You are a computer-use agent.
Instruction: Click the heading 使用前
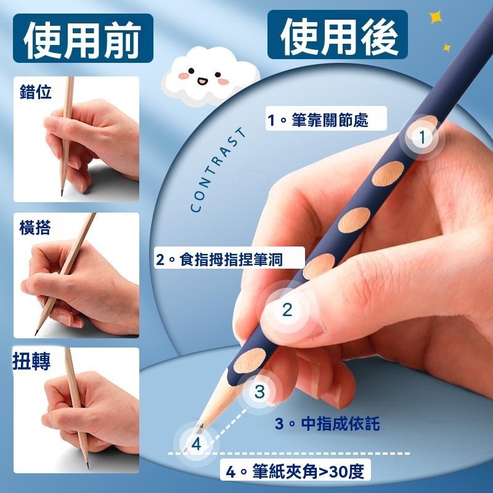point(83,39)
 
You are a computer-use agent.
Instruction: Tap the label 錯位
point(35,91)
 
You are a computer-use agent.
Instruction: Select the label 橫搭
point(35,227)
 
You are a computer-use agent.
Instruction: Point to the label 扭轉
point(31,361)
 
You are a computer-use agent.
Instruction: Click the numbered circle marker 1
point(422,137)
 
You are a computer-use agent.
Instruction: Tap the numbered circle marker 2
point(287,310)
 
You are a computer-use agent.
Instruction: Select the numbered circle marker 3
point(259,392)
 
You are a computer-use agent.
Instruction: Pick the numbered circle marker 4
point(196,444)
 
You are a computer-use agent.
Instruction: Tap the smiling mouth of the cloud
point(203,81)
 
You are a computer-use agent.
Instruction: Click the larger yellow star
point(436,17)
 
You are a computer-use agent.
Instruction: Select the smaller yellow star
point(446,48)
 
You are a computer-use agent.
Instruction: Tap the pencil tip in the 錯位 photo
point(62,194)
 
